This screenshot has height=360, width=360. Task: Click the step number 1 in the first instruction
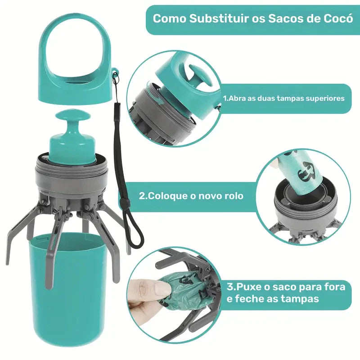point(225,98)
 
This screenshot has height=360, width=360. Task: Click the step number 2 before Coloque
point(142,196)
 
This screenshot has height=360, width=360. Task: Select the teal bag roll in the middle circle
point(299,173)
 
